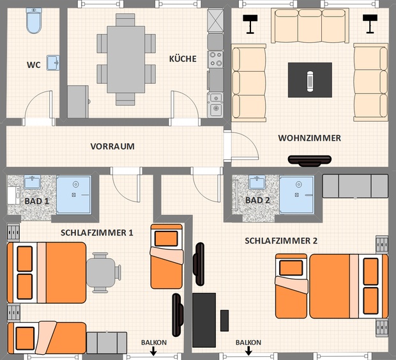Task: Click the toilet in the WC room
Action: (34, 20)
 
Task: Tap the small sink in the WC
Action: (53, 63)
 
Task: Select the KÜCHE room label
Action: (183, 59)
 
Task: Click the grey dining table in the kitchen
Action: (126, 59)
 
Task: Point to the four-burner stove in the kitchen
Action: (215, 59)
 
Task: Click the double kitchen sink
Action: (215, 105)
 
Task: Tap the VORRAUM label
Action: (112, 146)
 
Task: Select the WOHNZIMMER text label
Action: (310, 138)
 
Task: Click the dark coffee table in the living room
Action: (310, 80)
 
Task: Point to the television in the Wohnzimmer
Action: (310, 161)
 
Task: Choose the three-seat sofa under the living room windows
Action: (310, 26)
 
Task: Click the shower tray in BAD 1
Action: (73, 195)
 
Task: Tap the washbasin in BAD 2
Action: (257, 182)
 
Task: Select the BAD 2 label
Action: (257, 200)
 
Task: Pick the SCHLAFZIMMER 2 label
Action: (281, 240)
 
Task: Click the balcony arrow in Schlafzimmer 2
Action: (248, 350)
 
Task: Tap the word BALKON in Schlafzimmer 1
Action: (154, 343)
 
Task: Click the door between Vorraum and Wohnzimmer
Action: (241, 146)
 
